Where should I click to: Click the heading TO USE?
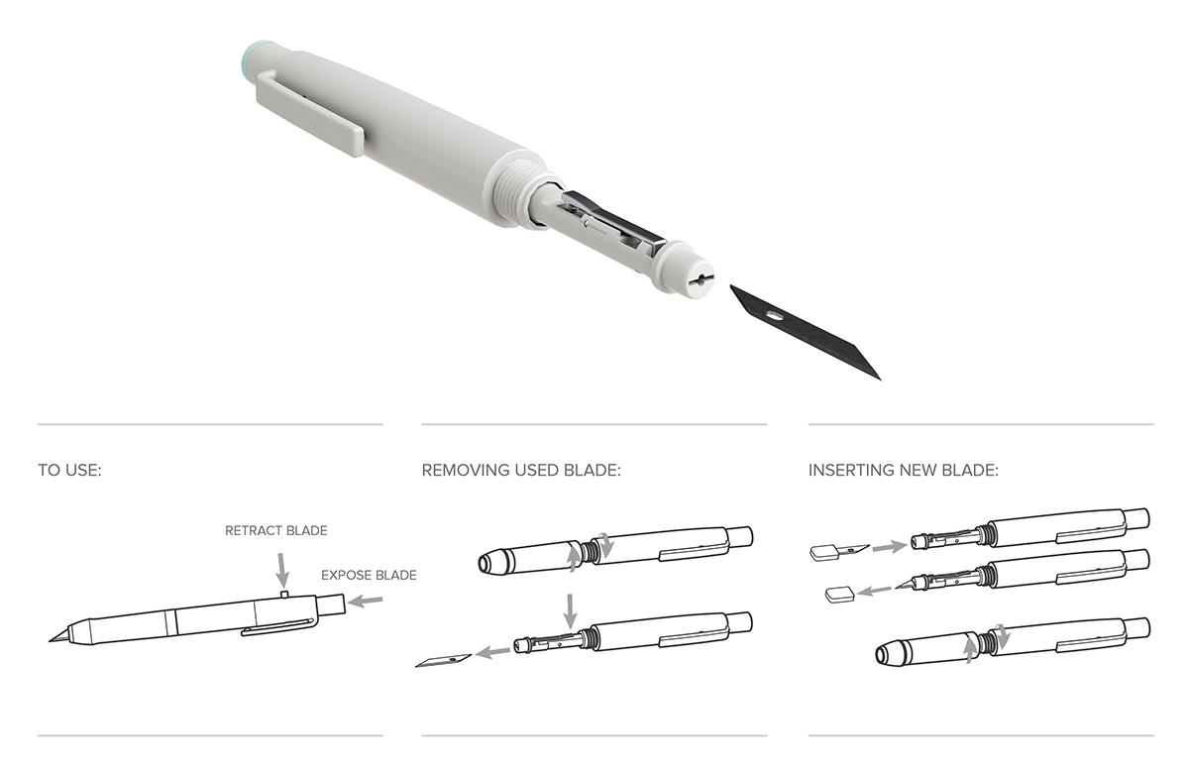point(69,470)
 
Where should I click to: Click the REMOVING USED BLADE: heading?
point(521,470)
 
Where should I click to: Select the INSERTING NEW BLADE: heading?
point(903,470)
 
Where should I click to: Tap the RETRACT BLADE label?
point(275,530)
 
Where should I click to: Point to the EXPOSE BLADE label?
point(369,575)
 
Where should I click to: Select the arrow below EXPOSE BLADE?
point(367,600)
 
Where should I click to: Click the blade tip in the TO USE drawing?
point(57,636)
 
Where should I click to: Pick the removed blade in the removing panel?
point(443,659)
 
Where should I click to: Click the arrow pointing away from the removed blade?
point(492,652)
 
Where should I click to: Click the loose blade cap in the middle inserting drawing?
point(839,594)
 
